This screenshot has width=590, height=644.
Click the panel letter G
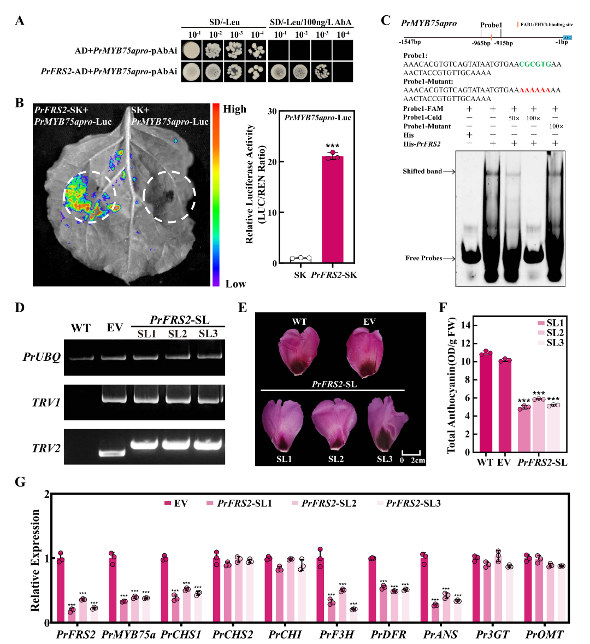[20, 482]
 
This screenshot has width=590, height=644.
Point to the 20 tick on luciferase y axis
[272, 162]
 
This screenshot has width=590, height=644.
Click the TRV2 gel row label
[46, 448]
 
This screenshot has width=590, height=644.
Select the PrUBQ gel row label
[42, 357]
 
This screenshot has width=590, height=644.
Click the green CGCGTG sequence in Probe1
[535, 64]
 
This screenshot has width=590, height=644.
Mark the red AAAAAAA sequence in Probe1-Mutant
[535, 90]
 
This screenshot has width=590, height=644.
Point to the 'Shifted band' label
[422, 171]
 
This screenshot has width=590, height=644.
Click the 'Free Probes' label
[423, 258]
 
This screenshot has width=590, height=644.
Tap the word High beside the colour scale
[234, 109]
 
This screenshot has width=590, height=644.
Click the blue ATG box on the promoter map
[567, 37]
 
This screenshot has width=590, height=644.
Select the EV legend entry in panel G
[176, 503]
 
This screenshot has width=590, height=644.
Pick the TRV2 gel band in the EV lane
[114, 453]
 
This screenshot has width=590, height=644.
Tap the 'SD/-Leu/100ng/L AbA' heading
[311, 22]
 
